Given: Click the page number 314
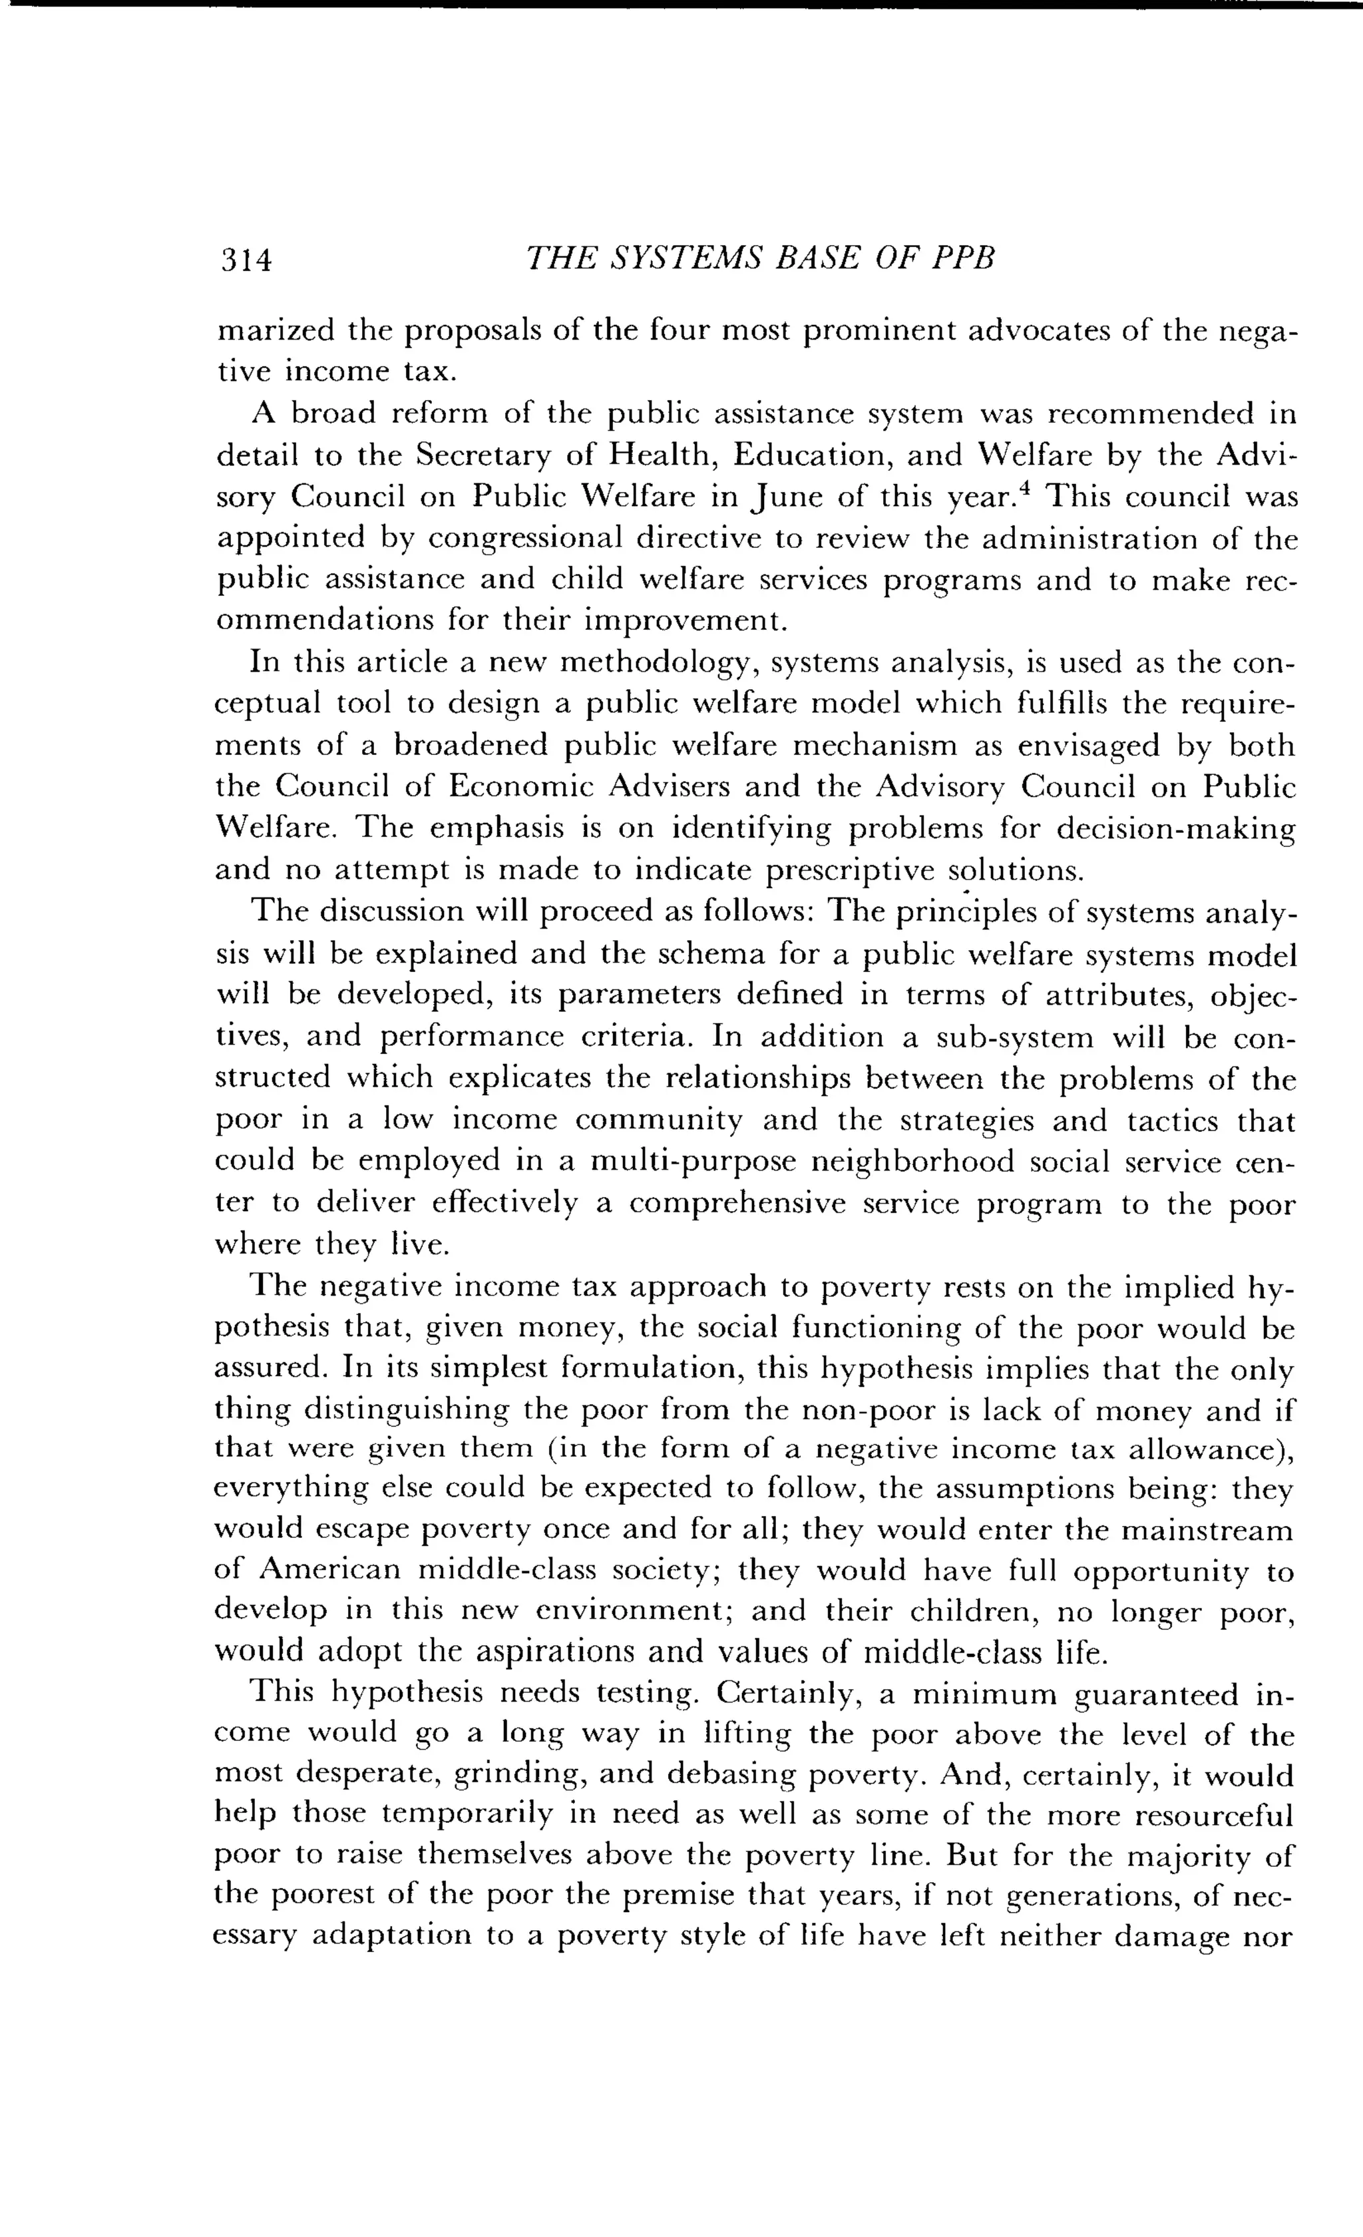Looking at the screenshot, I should (246, 260).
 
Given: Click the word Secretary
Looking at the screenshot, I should (481, 456).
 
